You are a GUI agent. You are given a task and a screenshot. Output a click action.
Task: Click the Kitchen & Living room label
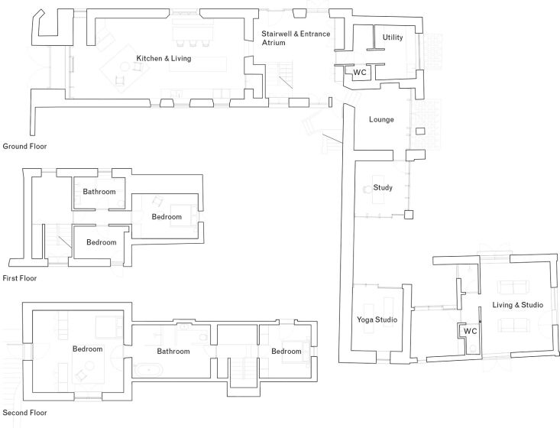[x=163, y=59]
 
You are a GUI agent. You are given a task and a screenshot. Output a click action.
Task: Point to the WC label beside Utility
[x=360, y=73]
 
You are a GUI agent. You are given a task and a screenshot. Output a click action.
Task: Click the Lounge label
[x=381, y=120]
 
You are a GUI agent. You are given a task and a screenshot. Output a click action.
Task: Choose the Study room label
[x=382, y=187]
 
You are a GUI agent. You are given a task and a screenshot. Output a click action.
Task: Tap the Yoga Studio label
[x=377, y=319]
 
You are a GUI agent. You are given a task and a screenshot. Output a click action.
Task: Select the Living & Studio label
[x=517, y=306]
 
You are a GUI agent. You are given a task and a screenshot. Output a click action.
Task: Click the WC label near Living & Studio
[x=471, y=332]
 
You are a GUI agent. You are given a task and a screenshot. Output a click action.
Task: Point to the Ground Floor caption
[x=25, y=145]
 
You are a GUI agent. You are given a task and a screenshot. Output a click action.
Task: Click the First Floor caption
[x=20, y=278]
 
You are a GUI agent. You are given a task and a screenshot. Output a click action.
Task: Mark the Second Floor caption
[x=24, y=413]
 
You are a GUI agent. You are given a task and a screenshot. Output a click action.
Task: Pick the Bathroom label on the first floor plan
[x=99, y=192]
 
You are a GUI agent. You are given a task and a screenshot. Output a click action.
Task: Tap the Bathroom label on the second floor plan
[x=173, y=352]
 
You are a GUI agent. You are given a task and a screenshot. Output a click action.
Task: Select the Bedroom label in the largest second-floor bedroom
[x=87, y=349]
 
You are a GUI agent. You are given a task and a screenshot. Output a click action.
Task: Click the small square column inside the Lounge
[x=419, y=132]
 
